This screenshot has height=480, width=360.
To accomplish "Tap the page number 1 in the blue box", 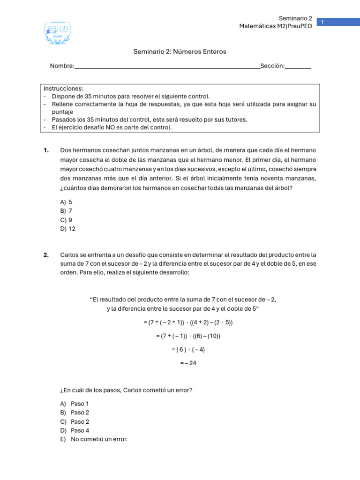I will coord(322,22).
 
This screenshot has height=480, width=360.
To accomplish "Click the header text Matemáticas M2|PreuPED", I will coord(276,27).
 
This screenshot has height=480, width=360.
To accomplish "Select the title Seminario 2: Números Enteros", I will coord(180,52).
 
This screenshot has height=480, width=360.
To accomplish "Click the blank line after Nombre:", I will coord(167,67).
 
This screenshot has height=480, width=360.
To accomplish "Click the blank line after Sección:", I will coord(298,67).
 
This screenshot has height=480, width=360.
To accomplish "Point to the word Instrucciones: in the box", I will coord(63,89).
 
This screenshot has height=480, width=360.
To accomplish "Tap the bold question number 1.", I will coord(46,150).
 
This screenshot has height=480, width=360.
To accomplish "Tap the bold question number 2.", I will coord(46,255).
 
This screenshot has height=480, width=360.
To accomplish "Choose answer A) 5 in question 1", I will coord(66,202).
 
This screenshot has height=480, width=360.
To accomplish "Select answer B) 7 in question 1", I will coord(66,211).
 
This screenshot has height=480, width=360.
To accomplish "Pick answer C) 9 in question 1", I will coord(66,220).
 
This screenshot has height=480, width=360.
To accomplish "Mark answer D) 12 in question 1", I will coord(67,229).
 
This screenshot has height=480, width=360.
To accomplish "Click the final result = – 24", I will coord(188,363).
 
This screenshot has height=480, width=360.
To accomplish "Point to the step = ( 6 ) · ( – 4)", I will coord(188,349).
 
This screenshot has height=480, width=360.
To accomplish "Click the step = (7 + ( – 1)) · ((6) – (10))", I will coord(188,336).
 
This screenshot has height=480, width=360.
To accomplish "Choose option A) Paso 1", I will coord(75,404).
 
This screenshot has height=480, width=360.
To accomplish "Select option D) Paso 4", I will coord(75,430).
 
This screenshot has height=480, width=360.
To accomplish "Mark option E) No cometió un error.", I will coord(94,439).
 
